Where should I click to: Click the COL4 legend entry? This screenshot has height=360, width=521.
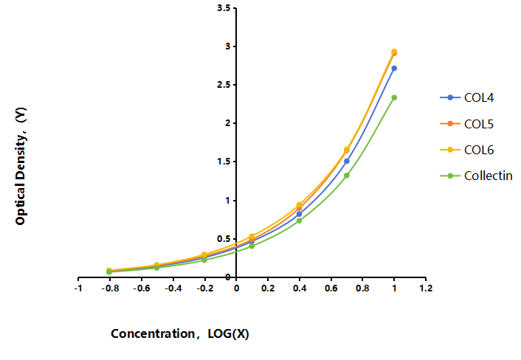[x=466, y=97]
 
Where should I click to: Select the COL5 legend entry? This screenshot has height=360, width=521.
[x=466, y=124]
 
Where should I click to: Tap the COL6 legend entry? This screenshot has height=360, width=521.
[x=466, y=150]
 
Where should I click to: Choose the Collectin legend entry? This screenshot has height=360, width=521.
[x=476, y=176]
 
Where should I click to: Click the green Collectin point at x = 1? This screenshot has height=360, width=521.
[x=394, y=97]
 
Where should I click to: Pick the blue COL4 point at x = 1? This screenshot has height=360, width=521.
[x=394, y=69]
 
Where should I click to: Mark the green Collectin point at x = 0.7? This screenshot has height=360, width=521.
[x=347, y=176]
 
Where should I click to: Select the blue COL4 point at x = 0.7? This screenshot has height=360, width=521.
[x=347, y=161]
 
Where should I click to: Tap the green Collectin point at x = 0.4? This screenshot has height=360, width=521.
[x=299, y=221]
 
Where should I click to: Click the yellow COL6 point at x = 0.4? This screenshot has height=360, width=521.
[x=299, y=205]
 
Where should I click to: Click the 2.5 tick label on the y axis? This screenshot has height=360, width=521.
[x=224, y=85]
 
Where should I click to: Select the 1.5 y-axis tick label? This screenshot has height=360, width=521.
[x=224, y=162]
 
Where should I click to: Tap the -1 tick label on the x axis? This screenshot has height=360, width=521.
[x=78, y=288]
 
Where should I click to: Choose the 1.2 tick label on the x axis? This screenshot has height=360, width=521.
[x=426, y=288]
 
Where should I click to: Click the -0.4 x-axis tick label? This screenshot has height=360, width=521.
[x=173, y=288]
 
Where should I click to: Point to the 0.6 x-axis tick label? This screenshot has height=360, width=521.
[x=331, y=288]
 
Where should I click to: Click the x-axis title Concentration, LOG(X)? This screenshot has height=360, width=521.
[x=180, y=333]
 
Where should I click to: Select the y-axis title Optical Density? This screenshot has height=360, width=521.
[x=21, y=166]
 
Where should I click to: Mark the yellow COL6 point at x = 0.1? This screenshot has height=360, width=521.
[x=252, y=236]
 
